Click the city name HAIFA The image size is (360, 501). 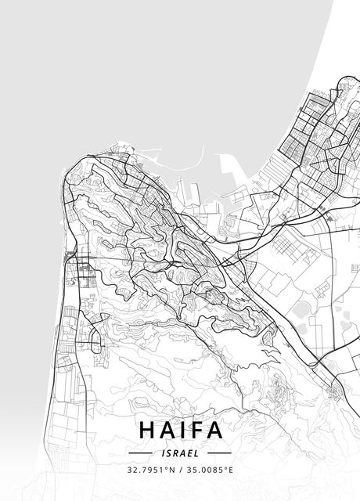click(x=180, y=431)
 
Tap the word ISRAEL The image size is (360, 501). click(x=180, y=452)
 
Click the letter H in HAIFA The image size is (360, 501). click(x=147, y=431)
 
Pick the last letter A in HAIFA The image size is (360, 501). click(x=214, y=431)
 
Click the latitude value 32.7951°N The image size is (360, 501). click(x=151, y=470)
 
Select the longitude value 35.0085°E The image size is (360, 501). click(x=211, y=470)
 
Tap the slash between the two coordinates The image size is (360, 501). click(x=180, y=470)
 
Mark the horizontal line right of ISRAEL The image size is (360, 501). click(x=220, y=452)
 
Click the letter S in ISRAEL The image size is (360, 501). click(x=169, y=452)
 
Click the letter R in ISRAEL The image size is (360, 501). click(x=176, y=452)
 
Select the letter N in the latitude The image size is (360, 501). click(x=173, y=470)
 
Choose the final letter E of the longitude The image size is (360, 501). click(x=232, y=470)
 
